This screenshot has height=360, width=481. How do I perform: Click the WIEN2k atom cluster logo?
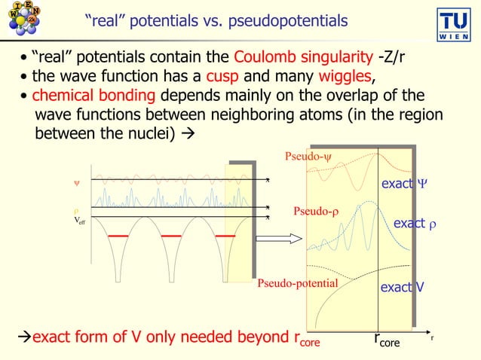[23, 18]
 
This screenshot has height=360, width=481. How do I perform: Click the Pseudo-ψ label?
[308, 157]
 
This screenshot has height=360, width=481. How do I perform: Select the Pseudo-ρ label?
[316, 212]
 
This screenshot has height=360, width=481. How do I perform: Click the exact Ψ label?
[404, 183]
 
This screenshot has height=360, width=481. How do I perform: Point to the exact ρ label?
[416, 224]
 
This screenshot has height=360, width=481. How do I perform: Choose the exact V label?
[401, 287]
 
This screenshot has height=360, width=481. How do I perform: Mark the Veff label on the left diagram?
[79, 221]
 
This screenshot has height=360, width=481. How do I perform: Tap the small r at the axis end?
[432, 337]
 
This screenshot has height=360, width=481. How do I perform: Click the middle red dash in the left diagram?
[173, 236]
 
